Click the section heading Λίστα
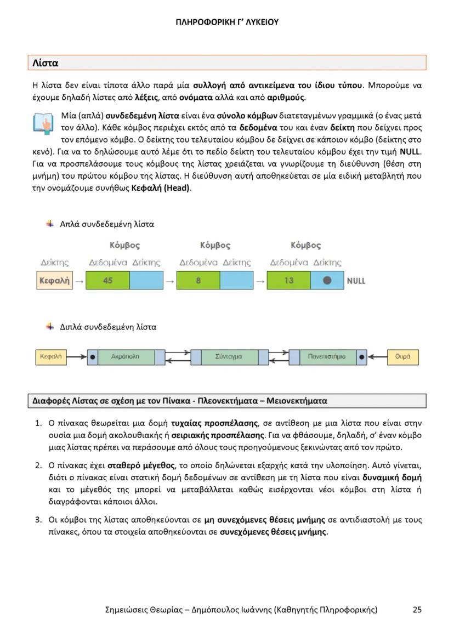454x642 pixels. (x=45, y=63)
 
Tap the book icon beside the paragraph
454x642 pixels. (x=42, y=123)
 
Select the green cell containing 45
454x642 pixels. (x=107, y=281)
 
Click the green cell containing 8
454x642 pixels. (x=198, y=281)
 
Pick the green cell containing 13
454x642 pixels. (x=288, y=281)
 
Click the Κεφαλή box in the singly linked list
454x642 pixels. (x=54, y=281)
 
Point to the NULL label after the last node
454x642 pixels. (x=356, y=281)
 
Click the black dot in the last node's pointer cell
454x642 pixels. (x=327, y=281)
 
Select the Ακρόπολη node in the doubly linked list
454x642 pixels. (x=126, y=357)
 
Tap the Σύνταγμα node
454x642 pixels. (x=229, y=357)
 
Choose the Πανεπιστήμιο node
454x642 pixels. (x=327, y=357)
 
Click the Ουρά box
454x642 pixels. (x=402, y=357)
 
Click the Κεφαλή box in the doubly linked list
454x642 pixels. (x=50, y=357)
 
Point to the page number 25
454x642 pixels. (x=417, y=609)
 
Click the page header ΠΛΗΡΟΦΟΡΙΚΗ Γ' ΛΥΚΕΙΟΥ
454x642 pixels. (x=227, y=22)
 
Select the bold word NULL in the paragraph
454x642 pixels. (x=411, y=151)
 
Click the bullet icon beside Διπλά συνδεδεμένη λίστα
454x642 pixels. (x=50, y=327)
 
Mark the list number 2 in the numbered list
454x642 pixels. (x=38, y=465)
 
